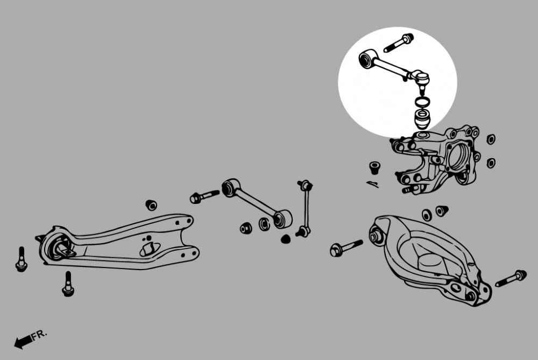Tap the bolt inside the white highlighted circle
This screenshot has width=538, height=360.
[398, 43]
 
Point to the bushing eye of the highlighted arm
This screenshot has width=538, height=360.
[366, 59]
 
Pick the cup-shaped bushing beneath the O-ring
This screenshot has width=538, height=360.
[422, 119]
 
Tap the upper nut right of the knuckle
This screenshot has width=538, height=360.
[491, 139]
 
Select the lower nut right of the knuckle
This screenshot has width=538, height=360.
[491, 163]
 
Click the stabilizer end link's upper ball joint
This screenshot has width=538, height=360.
[305, 186]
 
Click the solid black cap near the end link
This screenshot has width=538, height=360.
[286, 239]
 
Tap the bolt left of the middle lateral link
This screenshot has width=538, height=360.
[204, 196]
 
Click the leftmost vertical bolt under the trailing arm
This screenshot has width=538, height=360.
[22, 259]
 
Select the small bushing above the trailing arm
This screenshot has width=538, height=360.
[151, 204]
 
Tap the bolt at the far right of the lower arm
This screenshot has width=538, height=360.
[511, 278]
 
